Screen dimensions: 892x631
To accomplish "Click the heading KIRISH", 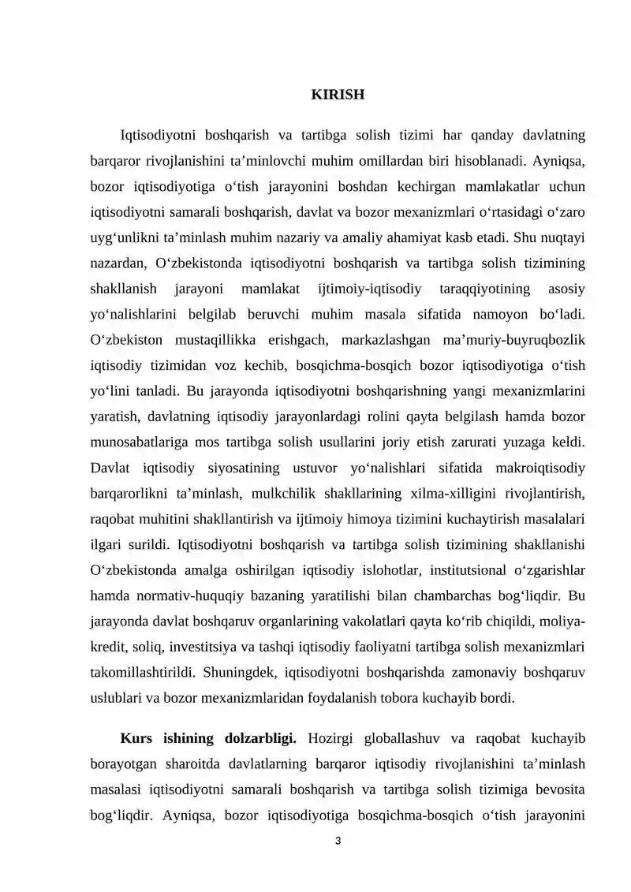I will click(x=337, y=95).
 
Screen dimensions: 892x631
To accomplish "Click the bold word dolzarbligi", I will click(x=257, y=739).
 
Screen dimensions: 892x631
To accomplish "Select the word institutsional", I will click(x=454, y=569).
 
